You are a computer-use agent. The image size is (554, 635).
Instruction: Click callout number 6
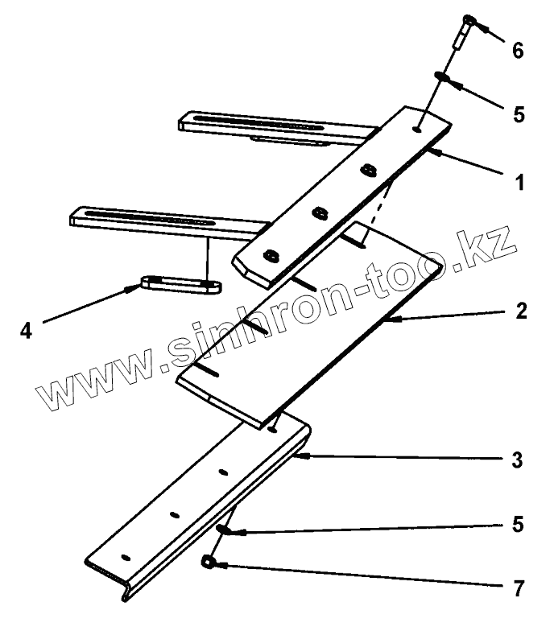[x=518, y=50]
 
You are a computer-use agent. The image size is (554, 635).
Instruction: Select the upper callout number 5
[x=518, y=113]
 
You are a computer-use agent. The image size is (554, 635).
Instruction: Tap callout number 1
[x=519, y=183]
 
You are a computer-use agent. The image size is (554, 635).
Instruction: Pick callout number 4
[x=27, y=329]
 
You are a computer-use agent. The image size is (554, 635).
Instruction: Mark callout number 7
[x=519, y=588]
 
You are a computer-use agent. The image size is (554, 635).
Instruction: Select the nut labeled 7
[x=209, y=563]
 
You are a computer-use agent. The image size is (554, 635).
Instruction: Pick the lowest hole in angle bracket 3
[x=125, y=556]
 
